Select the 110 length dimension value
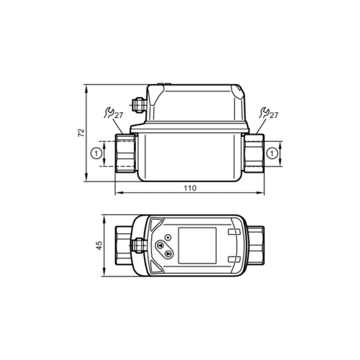pos(189,188)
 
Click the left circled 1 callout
pos(95,153)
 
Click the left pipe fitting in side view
pos(124,153)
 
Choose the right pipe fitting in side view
pos(253,153)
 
